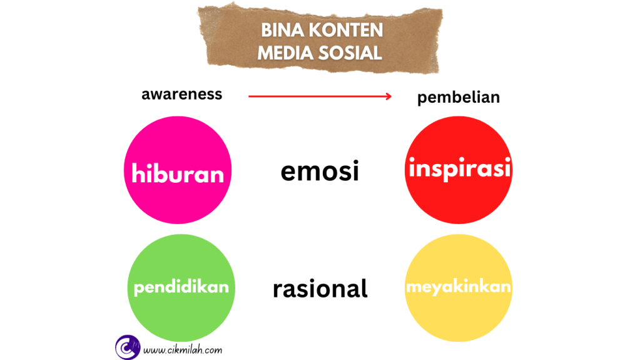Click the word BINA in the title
pos(280,30)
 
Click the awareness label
pos(181,95)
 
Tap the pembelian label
pos(459,98)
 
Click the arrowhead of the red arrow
pos(388,96)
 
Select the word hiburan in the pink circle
pos(178,173)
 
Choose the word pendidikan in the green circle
pos(181,288)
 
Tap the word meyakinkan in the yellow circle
pos(459,287)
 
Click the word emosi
pos(320,171)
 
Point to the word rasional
pos(320,289)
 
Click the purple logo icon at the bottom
pos(127,347)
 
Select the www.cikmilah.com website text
pos(182,351)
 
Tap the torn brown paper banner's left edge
pos(202,38)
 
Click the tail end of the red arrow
pos(250,96)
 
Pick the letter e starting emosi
pos(288,172)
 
